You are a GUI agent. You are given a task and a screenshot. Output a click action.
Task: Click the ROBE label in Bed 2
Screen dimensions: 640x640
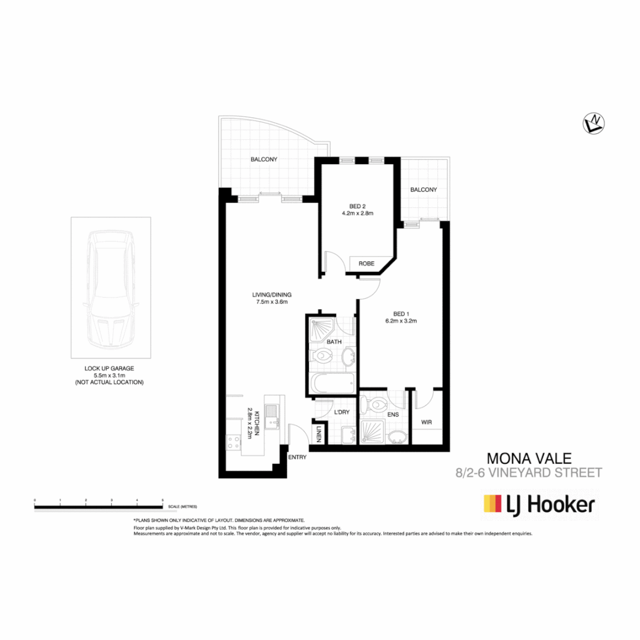click(x=366, y=264)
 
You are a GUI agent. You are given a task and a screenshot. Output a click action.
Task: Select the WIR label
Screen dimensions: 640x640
click(x=426, y=423)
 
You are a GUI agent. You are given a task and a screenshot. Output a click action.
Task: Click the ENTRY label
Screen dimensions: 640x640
click(x=297, y=457)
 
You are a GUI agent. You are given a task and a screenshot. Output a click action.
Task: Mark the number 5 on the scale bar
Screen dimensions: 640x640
click(x=162, y=501)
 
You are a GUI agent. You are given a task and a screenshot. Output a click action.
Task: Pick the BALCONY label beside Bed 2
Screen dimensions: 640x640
click(x=423, y=190)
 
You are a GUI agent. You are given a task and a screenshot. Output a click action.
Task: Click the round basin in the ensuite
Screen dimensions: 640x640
click(x=396, y=438)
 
